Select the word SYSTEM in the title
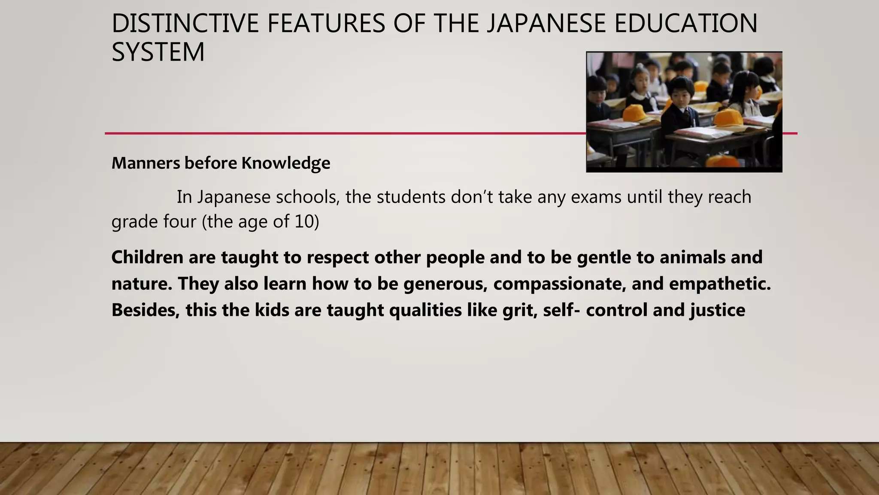pyautogui.click(x=158, y=52)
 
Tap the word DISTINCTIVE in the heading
pyautogui.click(x=185, y=24)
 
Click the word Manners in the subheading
pyautogui.click(x=146, y=163)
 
